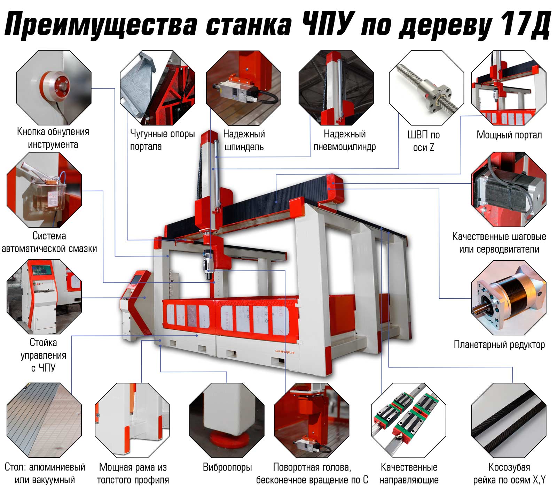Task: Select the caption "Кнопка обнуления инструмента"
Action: pos(53,138)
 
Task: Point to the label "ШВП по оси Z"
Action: pos(424,141)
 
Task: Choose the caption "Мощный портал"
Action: pos(509,135)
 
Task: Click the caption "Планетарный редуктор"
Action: pos(499,345)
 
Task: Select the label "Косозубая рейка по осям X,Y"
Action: pos(509,473)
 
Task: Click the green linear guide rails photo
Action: pos(408,420)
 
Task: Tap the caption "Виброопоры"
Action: pos(227,467)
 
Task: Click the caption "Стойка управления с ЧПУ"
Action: pos(43,355)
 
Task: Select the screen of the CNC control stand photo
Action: pos(42,270)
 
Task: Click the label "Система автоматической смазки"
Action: pos(49,242)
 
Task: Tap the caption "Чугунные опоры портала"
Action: pos(162,140)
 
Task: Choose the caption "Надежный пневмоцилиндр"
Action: pos(345,140)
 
